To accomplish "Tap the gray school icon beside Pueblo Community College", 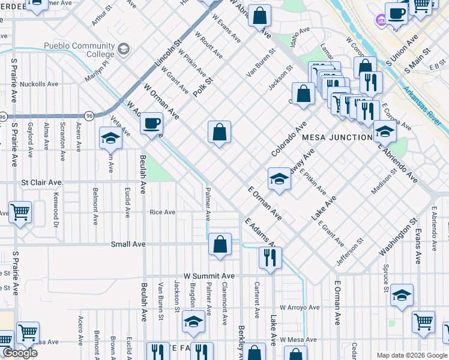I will tap(124, 48).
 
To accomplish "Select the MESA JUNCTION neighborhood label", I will tap(337, 137).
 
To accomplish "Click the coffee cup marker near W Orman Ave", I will tap(151, 124).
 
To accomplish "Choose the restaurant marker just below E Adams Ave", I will tap(270, 258).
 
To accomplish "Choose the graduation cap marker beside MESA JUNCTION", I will tap(384, 132).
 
